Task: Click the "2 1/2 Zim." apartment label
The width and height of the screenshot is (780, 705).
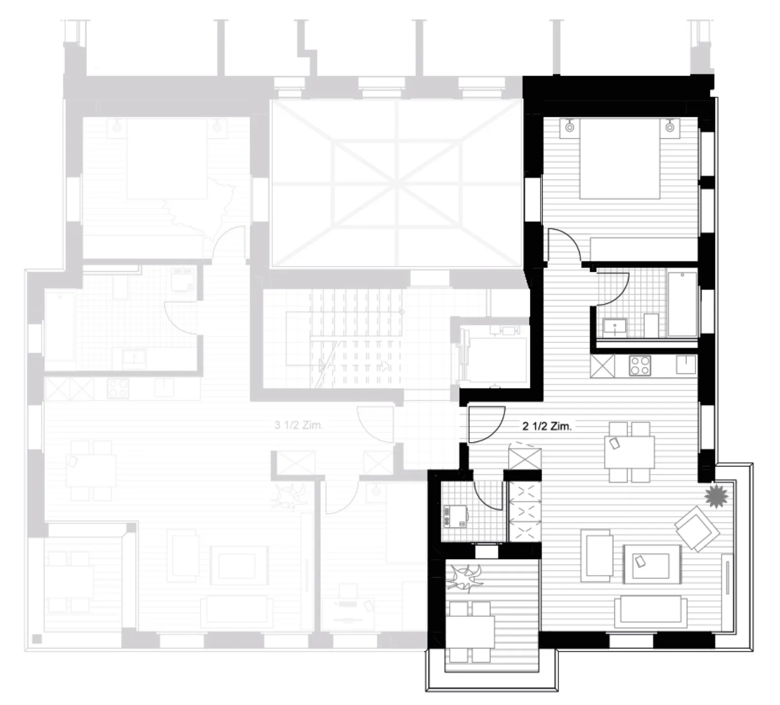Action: pos(546,426)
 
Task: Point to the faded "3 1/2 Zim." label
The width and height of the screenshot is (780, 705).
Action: pos(298,425)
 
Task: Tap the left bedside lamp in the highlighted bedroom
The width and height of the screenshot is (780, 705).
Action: pos(569,127)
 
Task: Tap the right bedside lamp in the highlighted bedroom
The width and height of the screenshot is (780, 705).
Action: pos(670,127)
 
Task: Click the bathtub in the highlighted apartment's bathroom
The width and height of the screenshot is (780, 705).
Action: pos(682,304)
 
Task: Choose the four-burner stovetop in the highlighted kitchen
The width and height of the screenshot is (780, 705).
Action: pos(640,365)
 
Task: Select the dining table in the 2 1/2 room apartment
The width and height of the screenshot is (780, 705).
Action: pos(629,452)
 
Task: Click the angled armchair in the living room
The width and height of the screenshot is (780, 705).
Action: pos(697,529)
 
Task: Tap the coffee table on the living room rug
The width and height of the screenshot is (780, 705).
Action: pos(652,563)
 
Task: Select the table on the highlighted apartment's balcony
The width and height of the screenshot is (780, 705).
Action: pos(471,632)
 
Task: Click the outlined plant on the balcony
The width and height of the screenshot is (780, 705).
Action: pos(467,577)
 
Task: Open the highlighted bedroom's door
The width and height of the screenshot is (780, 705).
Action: pos(564,247)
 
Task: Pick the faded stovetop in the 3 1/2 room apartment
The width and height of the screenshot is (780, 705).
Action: pos(118,389)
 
